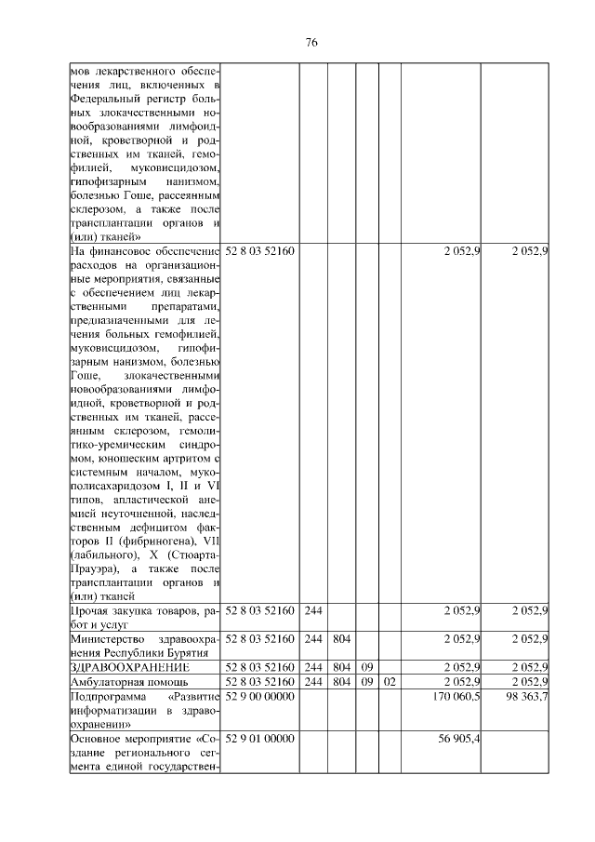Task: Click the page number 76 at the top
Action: point(311,42)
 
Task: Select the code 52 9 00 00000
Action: point(259,694)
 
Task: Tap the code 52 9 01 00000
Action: point(259,738)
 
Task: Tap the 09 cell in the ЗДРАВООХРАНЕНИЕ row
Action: point(367,667)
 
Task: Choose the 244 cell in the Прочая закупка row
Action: point(313,610)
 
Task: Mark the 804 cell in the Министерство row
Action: point(341,638)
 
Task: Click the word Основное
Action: point(96,738)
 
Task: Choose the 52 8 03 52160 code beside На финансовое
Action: point(259,251)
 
